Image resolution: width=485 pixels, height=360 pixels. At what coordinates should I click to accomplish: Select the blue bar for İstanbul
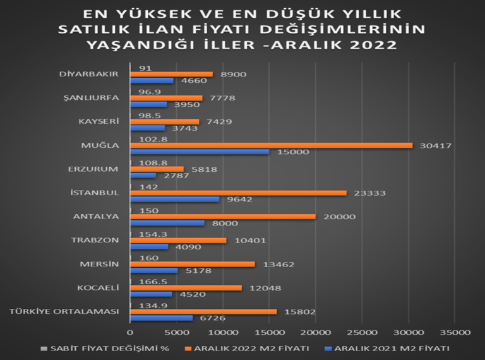coord(174,199)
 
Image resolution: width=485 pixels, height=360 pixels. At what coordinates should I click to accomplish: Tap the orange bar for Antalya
coord(222,217)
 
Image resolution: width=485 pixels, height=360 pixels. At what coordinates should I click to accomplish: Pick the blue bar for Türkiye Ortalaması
coord(161,318)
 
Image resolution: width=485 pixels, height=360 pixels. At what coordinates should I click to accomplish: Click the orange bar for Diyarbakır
coord(171,74)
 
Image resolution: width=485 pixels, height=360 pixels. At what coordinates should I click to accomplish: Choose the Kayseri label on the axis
coord(99,121)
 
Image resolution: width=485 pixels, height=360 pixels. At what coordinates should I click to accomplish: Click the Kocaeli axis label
coord(97,287)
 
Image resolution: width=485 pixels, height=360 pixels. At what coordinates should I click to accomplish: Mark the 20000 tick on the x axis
coord(315,331)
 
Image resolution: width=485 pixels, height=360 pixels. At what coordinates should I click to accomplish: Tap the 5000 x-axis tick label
coord(176,331)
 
